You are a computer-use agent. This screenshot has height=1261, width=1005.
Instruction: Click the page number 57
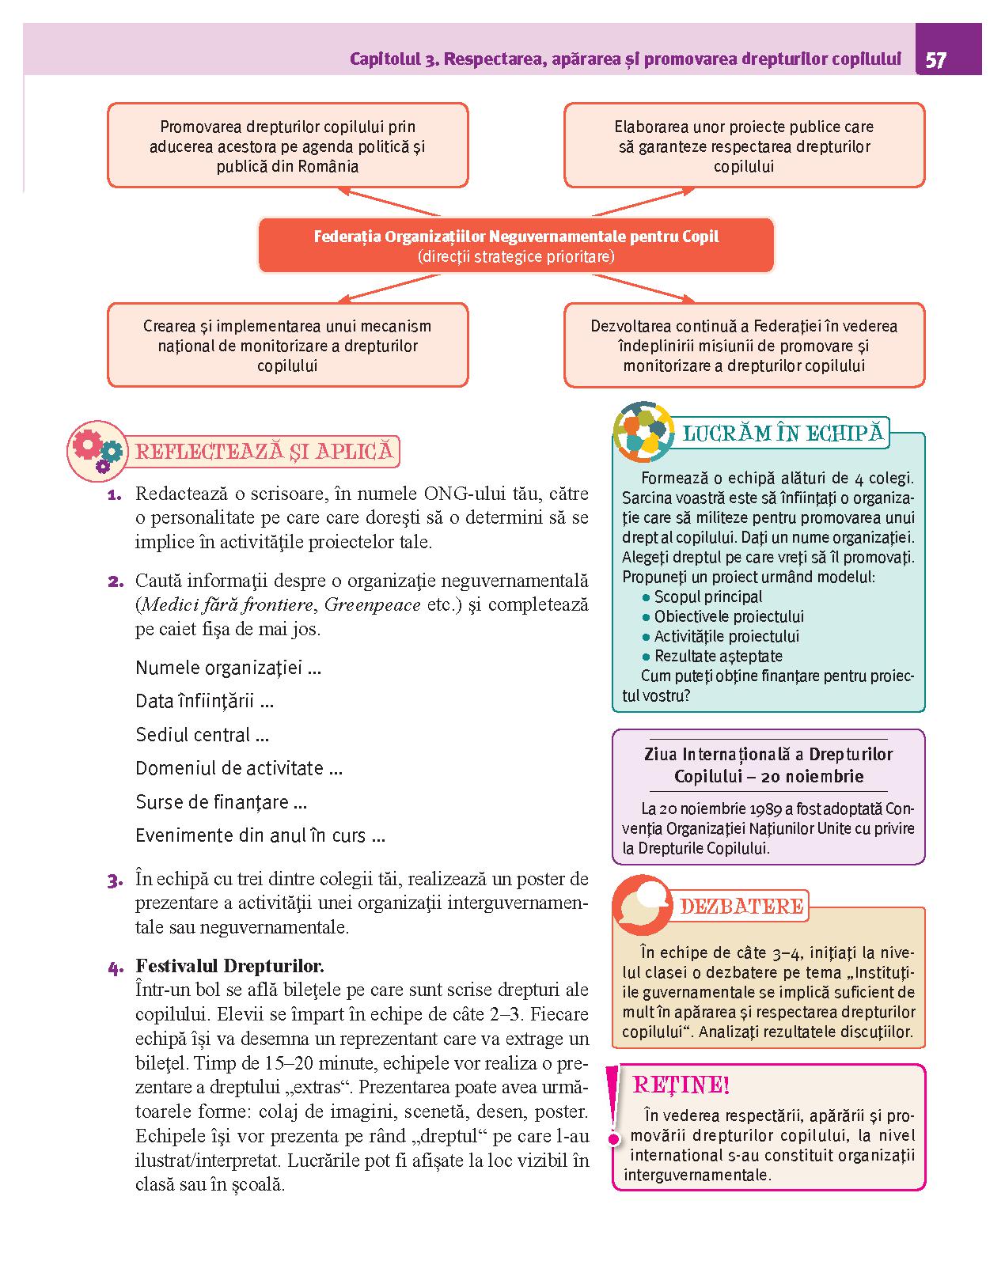pos(935,61)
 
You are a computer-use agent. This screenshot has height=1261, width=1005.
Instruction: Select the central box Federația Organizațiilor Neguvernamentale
pos(516,246)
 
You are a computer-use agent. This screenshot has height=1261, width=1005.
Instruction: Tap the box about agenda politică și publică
pos(287,146)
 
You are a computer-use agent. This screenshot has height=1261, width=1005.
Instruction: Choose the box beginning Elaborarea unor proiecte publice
pos(744,146)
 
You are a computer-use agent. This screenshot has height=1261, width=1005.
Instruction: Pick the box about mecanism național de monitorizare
pos(287,346)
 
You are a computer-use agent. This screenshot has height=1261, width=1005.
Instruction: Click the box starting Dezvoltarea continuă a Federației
pos(744,346)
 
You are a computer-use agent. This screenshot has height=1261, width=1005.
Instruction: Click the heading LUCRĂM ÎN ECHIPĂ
pos(782,434)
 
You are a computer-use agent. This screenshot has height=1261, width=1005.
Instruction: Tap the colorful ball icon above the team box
pos(642,432)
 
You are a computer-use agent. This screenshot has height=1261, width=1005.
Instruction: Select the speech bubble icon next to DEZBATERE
pos(641,905)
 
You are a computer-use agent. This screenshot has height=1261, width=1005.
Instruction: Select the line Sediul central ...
pos(202,735)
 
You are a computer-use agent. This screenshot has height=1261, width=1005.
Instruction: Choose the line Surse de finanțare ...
pos(221,802)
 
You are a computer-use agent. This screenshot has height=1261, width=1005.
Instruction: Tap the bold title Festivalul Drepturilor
pos(229,966)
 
